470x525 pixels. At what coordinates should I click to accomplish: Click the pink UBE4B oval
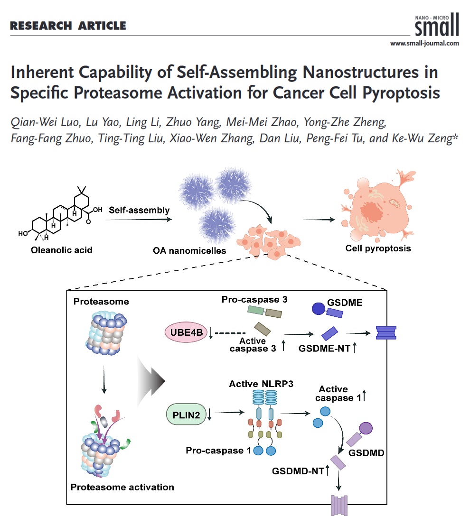point(185,333)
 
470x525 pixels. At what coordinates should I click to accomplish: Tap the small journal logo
point(437,25)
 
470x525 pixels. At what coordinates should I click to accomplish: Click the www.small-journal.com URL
point(424,43)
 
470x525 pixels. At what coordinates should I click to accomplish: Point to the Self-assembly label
point(139,210)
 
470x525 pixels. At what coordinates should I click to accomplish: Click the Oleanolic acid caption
point(63,250)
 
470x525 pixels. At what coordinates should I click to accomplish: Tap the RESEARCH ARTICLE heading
point(67,26)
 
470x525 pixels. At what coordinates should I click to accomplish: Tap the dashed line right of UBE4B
point(230,333)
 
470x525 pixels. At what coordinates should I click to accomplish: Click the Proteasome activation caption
point(122,487)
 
